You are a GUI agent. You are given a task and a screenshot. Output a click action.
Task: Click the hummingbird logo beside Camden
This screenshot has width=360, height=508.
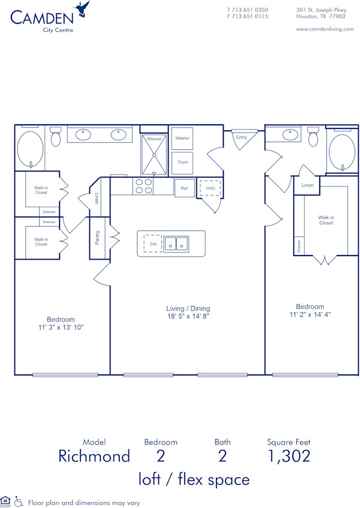click(x=82, y=9)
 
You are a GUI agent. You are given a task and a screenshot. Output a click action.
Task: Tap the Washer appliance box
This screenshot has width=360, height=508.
click(x=182, y=139)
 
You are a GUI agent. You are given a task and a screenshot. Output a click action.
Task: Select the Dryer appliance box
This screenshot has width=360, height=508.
click(x=182, y=162)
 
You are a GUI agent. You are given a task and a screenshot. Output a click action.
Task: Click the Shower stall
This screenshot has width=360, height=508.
click(x=155, y=154)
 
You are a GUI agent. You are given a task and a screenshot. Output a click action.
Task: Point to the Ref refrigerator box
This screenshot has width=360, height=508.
click(x=184, y=188)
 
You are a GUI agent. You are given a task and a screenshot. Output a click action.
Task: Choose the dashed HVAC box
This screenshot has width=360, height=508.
click(x=210, y=188)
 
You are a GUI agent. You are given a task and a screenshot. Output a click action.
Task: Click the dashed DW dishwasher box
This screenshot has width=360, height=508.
click(x=152, y=244)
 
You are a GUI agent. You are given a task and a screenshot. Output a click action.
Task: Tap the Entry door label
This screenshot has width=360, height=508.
click(x=241, y=137)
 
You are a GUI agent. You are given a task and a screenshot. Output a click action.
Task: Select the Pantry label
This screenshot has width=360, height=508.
click(x=97, y=238)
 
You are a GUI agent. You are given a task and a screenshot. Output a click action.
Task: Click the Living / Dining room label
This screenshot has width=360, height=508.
click(x=187, y=308)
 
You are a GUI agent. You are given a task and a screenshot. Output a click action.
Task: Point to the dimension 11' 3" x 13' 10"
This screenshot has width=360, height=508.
click(x=61, y=327)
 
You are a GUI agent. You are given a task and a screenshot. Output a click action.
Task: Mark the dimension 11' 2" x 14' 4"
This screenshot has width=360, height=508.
click(x=310, y=314)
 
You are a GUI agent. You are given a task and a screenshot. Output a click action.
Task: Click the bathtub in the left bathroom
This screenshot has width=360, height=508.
click(x=29, y=149)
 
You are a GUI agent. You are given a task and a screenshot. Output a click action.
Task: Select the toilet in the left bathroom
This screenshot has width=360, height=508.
click(x=56, y=137)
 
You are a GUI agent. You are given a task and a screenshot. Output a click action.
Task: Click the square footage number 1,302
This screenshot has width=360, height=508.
click(x=289, y=456)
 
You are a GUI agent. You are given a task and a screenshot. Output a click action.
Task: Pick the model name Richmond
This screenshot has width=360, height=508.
click(x=94, y=456)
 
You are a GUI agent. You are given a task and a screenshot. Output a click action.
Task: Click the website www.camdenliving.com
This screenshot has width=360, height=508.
click(x=325, y=29)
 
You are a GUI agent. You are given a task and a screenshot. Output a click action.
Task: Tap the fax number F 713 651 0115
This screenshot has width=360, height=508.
click(x=247, y=16)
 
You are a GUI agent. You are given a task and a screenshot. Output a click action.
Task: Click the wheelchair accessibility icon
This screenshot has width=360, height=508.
click(x=19, y=501)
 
